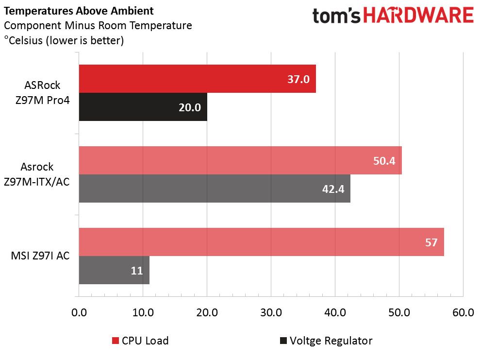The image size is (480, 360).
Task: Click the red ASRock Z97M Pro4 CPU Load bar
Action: coord(198,79)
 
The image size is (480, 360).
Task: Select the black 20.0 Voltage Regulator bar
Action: coord(143,107)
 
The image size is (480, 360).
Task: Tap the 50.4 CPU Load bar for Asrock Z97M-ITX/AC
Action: coord(240,160)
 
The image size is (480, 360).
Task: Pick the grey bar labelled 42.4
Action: coord(215,189)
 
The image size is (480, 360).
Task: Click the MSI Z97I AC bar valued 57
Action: coord(262,242)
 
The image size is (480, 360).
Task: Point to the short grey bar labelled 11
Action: coord(114,270)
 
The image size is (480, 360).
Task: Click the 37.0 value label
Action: coord(298,79)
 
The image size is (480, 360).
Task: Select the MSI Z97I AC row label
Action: coord(40,256)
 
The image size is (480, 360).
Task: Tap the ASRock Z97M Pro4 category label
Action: coord(43,92)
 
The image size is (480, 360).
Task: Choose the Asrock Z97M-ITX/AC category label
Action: coord(37,174)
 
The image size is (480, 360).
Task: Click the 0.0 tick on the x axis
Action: coord(79,312)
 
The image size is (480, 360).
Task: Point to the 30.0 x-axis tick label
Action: coord(271,312)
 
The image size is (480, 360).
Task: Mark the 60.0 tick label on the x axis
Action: coord(463,312)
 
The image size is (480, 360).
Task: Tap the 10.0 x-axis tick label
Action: coord(143,312)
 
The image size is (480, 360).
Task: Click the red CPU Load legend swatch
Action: coord(116,341)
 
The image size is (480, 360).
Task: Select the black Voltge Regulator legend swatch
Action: coord(283,341)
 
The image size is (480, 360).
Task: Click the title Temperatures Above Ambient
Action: coord(79,11)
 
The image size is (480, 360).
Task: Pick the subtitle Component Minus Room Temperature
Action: coord(98,26)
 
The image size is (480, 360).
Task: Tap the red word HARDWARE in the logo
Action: coord(418,16)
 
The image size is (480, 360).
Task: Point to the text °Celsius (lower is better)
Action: coord(64,40)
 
